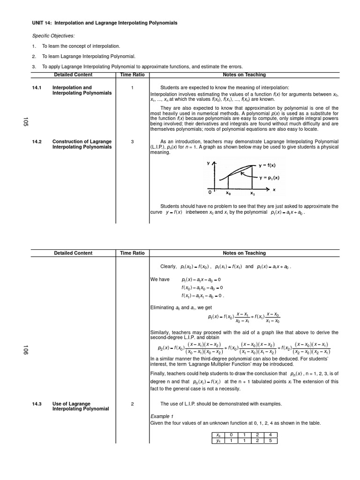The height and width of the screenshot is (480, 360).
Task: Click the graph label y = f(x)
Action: click(x=267, y=165)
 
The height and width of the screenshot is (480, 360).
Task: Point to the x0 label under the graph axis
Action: click(x=228, y=193)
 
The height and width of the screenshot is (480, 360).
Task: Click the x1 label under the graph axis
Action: click(x=252, y=193)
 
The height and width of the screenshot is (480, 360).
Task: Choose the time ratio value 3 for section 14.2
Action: click(x=132, y=142)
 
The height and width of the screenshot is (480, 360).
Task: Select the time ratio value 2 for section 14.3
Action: click(x=132, y=404)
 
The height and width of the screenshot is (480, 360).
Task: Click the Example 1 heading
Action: click(x=162, y=416)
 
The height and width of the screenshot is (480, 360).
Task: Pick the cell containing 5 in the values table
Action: click(x=270, y=441)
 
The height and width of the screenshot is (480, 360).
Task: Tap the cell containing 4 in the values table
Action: click(x=270, y=435)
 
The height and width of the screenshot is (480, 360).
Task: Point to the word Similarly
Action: click(x=159, y=332)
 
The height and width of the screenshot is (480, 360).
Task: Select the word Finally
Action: click(x=158, y=374)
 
